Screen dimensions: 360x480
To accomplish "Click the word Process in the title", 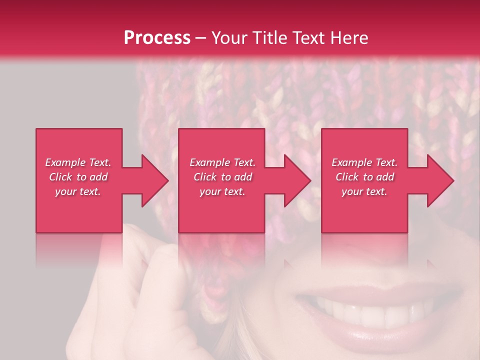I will (x=157, y=38).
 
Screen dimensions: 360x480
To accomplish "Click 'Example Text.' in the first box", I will (x=78, y=162).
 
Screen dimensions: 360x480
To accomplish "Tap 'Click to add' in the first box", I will (x=78, y=177).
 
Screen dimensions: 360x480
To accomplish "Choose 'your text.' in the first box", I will (x=78, y=191).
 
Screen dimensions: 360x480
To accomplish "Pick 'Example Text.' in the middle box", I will (x=222, y=162).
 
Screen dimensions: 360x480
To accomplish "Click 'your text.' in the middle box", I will (x=222, y=191).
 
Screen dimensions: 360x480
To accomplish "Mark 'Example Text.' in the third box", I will (x=364, y=162).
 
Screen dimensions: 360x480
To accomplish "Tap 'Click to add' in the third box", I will (x=364, y=177).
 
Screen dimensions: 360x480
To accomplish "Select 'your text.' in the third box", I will (x=364, y=191).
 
